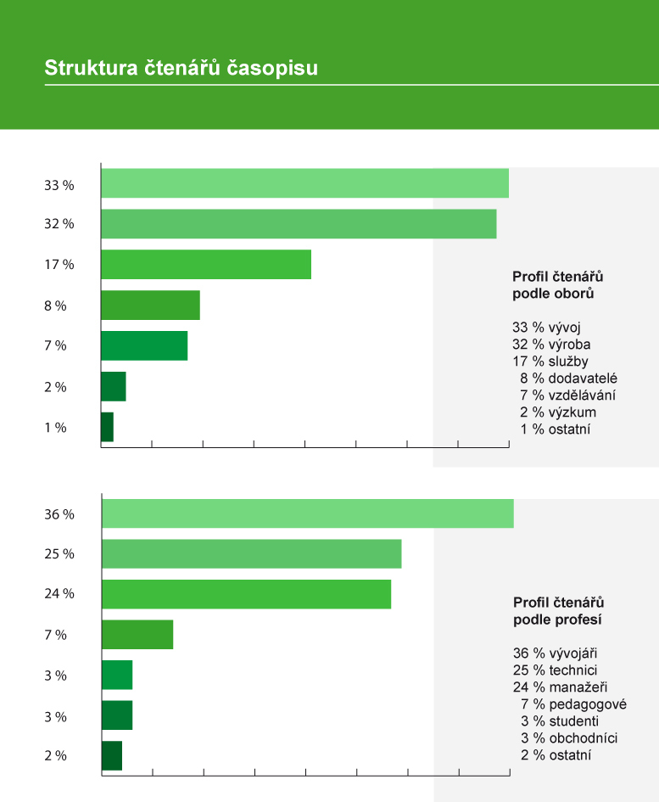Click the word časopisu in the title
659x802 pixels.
click(x=273, y=69)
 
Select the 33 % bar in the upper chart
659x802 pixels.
click(x=304, y=183)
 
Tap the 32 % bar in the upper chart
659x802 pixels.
click(x=299, y=224)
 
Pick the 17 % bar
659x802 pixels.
click(x=206, y=265)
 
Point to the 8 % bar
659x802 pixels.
click(x=150, y=306)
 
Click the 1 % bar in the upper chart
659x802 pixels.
click(x=107, y=427)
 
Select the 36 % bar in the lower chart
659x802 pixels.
click(x=307, y=513)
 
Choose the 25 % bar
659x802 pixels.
click(x=251, y=554)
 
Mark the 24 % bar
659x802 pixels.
click(x=246, y=594)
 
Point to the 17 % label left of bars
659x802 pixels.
click(x=59, y=265)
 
